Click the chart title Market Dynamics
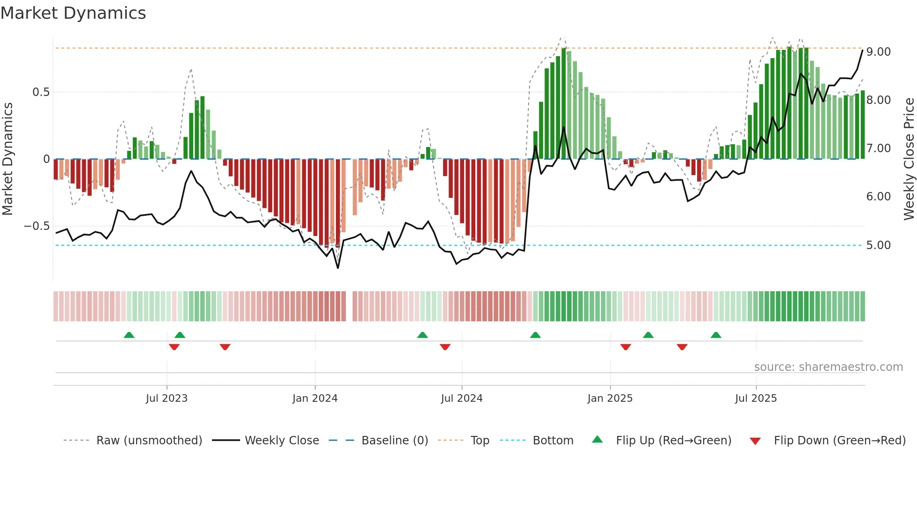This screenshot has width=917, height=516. pos(73,13)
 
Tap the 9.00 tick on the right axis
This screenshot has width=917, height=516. pos(878,52)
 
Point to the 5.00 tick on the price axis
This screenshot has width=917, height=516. pos(878,245)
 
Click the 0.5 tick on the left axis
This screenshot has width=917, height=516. pos(41,92)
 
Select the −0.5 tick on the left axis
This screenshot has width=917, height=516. pos(37,226)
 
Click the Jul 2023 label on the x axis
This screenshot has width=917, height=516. pos(167,398)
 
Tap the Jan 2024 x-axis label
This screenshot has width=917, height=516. pos(315,398)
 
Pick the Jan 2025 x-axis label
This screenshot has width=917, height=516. pos(610,398)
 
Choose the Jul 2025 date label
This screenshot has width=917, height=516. pos(756,398)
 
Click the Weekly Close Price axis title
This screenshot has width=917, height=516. pos(909,159)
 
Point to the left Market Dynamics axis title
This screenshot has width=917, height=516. pos(7,159)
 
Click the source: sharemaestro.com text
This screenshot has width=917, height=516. pos(828,367)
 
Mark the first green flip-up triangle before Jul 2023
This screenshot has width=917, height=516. pos(129,335)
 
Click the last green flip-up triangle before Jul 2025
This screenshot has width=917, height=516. pos(716,335)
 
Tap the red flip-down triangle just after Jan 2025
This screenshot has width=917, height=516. pos(626,347)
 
